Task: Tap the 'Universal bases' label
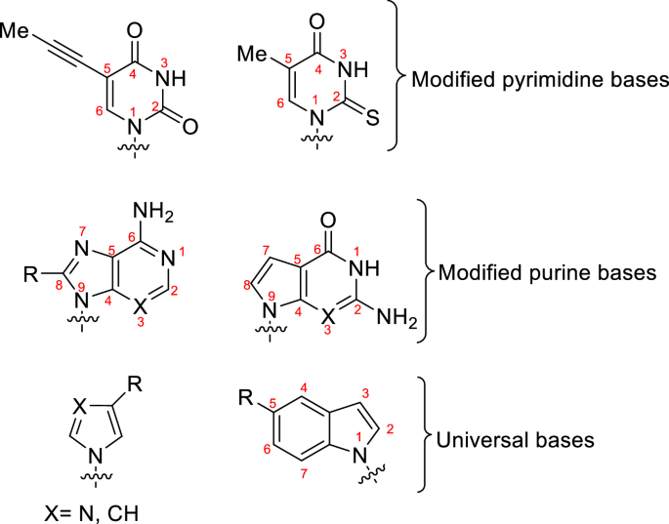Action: [x=517, y=441]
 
